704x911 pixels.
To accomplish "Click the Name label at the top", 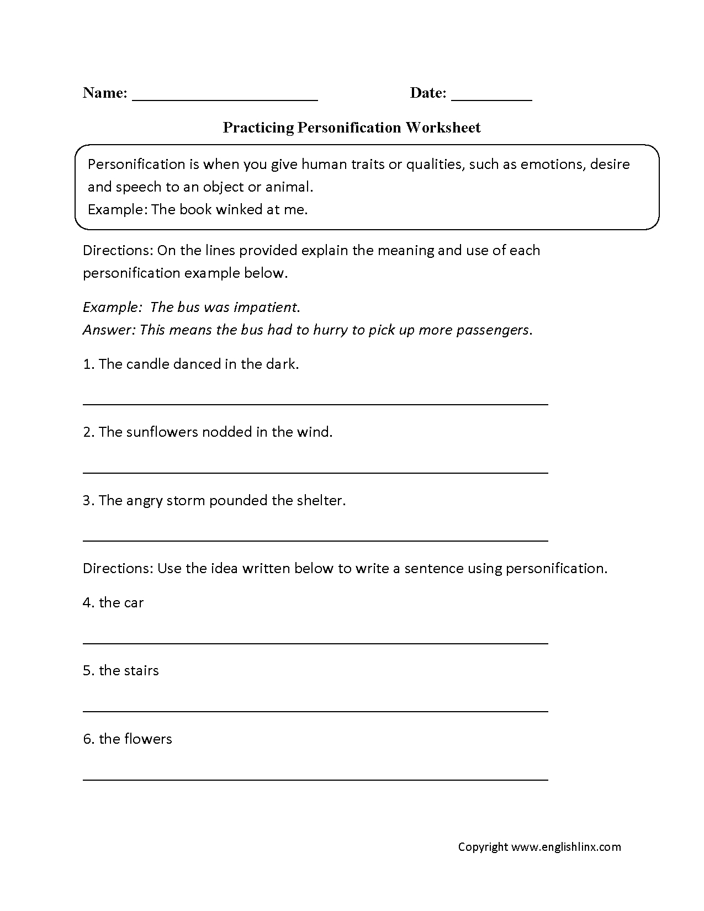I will [105, 93].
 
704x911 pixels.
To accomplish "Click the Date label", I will [427, 93].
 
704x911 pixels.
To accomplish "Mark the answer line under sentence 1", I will [315, 404].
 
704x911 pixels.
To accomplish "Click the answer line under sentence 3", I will [315, 541].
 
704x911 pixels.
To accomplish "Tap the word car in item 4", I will [133, 603].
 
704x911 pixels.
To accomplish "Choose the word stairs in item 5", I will [140, 671].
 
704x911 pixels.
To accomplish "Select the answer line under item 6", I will [315, 779].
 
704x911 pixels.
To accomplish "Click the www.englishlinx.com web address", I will [566, 847].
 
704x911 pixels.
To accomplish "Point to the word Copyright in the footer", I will [483, 847].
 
